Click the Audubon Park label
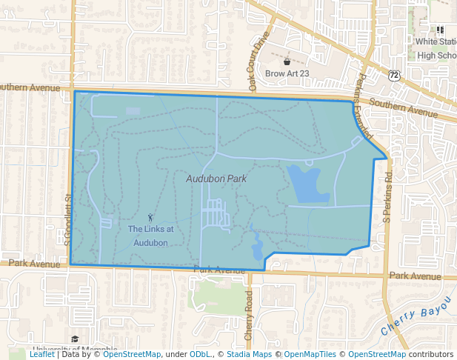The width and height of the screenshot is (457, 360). pyautogui.click(x=216, y=179)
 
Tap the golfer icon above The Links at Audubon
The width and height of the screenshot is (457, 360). pyautogui.click(x=151, y=218)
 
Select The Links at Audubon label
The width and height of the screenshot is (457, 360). pyautogui.click(x=151, y=236)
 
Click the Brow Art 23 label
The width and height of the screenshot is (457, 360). pyautogui.click(x=287, y=73)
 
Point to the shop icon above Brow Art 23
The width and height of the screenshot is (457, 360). pyautogui.click(x=287, y=60)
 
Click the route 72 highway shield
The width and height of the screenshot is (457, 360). pyautogui.click(x=394, y=76)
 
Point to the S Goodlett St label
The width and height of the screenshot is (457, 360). pyautogui.click(x=66, y=219)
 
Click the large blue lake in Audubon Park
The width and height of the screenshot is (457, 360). pyautogui.click(x=307, y=184)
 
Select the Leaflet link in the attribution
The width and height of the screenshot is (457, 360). pyautogui.click(x=41, y=354)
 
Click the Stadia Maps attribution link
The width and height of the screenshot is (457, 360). pyautogui.click(x=249, y=354)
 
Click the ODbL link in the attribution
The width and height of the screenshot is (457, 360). pyautogui.click(x=200, y=354)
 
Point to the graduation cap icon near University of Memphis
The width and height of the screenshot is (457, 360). pyautogui.click(x=75, y=339)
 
